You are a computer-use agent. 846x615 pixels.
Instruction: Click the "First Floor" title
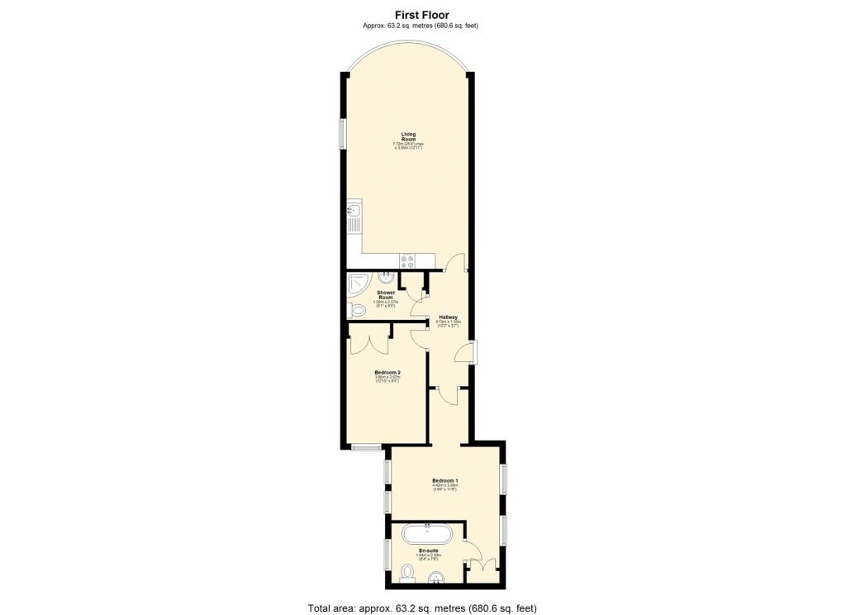coord(422,14)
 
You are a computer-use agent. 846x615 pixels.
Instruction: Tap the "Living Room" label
coord(408,136)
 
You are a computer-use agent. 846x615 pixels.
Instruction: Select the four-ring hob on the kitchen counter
coord(407,260)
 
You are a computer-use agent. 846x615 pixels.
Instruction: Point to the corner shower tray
coord(358,285)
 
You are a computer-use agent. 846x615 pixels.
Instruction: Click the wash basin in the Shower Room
coord(386,278)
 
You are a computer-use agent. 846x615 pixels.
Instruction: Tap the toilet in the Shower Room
coord(357,311)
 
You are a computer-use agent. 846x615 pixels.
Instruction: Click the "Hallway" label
coord(449,317)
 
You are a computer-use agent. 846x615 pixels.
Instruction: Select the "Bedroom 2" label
coord(387,373)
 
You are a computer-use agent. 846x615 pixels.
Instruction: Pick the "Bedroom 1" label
coord(444,480)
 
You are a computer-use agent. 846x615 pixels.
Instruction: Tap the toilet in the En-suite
coord(406,572)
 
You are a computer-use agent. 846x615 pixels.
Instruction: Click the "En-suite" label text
coord(429,551)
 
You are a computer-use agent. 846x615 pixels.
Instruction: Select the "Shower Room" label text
coord(386,294)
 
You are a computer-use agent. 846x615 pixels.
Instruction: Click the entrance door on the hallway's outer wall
coord(468,353)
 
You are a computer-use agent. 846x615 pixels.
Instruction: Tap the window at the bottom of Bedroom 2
coord(364,448)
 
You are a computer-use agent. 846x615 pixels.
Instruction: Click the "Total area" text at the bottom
coord(422,608)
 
